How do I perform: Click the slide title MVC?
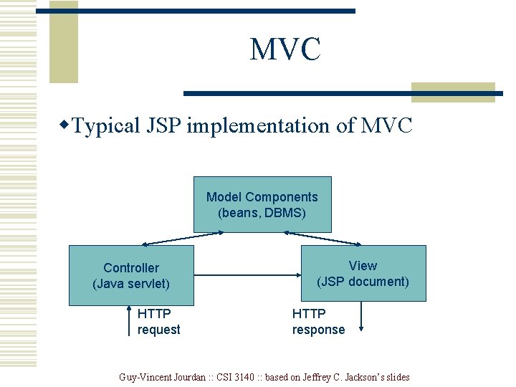coord(285,50)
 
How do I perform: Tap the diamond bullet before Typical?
coord(64,126)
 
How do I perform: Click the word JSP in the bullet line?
coord(163,127)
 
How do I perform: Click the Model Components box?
coord(262,204)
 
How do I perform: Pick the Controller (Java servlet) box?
coord(131,275)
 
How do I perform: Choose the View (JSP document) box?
coord(363,273)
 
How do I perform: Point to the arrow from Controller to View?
coord(248,274)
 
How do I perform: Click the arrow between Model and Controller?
coord(169,239)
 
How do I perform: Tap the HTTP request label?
coord(158,322)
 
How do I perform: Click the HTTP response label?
coord(318,322)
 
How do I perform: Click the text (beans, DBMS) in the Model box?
coord(262,213)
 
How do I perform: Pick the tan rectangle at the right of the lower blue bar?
coord(453,92)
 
